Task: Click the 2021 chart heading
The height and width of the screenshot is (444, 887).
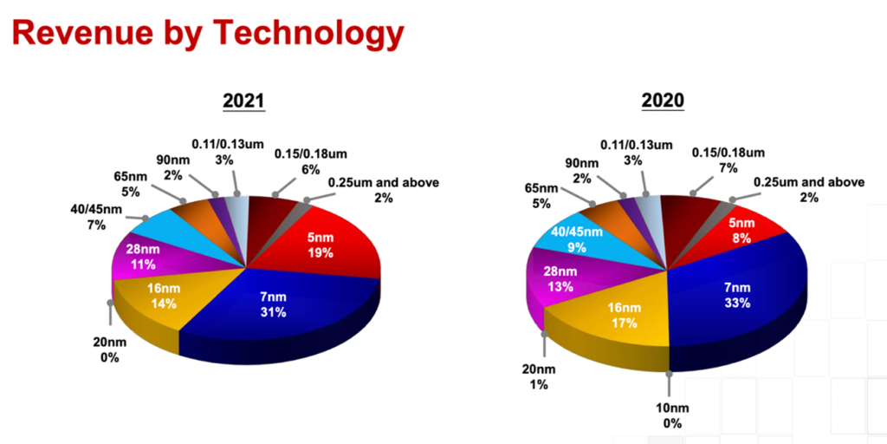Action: [243, 101]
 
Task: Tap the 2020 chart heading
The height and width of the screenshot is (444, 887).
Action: [663, 101]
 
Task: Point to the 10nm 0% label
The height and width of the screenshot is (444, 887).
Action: [672, 415]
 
